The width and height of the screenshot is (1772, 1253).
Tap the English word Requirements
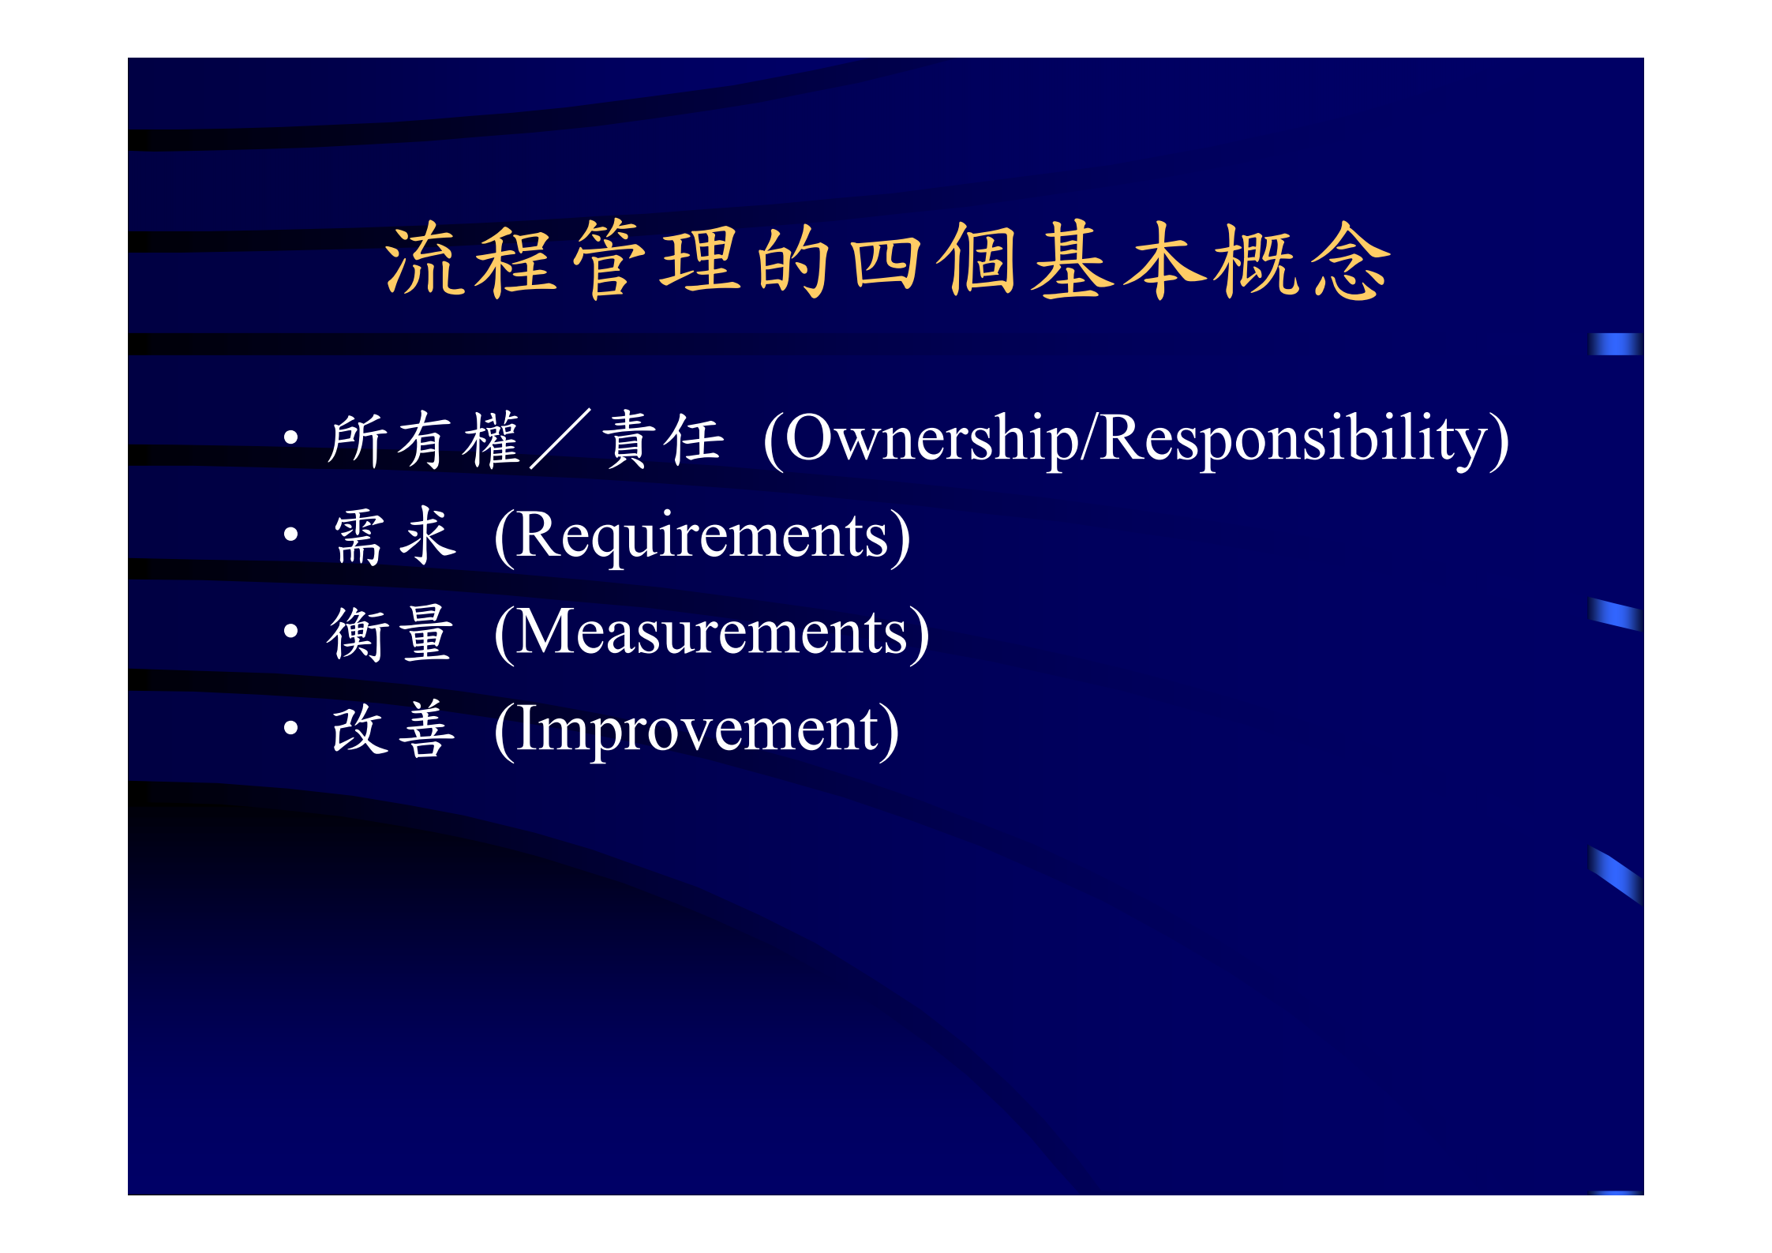[702, 536]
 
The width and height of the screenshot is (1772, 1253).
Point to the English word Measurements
[711, 633]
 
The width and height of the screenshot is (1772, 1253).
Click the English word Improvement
[696, 730]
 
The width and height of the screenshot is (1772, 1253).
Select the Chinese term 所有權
[425, 440]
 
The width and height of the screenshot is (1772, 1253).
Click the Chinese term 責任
[663, 440]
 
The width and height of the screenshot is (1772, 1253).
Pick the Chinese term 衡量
[391, 633]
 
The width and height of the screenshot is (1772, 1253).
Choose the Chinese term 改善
[393, 730]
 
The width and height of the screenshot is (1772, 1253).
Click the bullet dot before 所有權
[291, 437]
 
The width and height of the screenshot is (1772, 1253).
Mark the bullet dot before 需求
[291, 535]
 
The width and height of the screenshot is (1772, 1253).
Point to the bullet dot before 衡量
[291, 631]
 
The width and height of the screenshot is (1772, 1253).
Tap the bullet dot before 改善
[291, 728]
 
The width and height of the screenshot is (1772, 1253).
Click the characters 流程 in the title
[470, 261]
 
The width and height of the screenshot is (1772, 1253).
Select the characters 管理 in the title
[657, 261]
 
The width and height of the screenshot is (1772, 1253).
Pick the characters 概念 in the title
[1302, 261]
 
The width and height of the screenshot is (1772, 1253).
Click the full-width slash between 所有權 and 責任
[560, 439]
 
